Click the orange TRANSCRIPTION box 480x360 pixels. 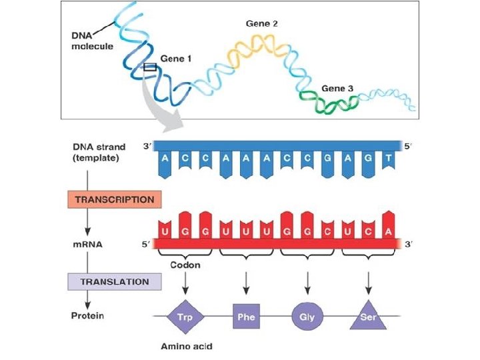115,199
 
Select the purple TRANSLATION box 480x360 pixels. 115,281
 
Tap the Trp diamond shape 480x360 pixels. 185,317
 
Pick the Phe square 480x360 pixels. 246,317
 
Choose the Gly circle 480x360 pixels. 307,317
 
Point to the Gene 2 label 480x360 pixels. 261,23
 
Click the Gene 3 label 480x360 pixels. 337,88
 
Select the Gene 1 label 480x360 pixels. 176,59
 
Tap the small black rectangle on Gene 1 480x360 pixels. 150,67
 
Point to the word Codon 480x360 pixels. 185,265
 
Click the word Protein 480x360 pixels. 87,315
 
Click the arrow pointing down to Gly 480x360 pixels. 307,283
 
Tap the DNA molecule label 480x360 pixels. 92,41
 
